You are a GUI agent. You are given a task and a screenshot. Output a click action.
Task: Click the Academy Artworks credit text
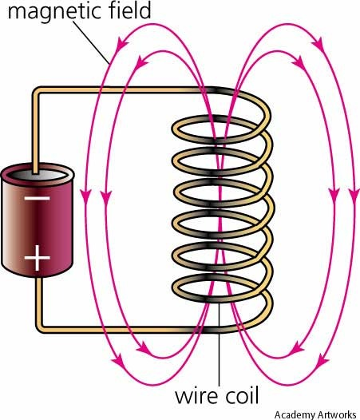(315, 414)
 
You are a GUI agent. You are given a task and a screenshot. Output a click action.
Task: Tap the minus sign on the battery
(38, 199)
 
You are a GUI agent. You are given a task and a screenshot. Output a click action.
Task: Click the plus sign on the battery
(38, 258)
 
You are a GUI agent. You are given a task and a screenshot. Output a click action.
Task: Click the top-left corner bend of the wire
(37, 91)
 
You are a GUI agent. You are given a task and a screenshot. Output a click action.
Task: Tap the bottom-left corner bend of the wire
(40, 328)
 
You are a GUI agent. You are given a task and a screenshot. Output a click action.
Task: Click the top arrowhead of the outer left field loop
(122, 44)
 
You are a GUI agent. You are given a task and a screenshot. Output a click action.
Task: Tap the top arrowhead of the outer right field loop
(318, 44)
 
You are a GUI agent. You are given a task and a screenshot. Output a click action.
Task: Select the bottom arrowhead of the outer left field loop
(118, 362)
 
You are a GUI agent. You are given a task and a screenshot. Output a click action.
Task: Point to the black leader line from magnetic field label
(91, 43)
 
